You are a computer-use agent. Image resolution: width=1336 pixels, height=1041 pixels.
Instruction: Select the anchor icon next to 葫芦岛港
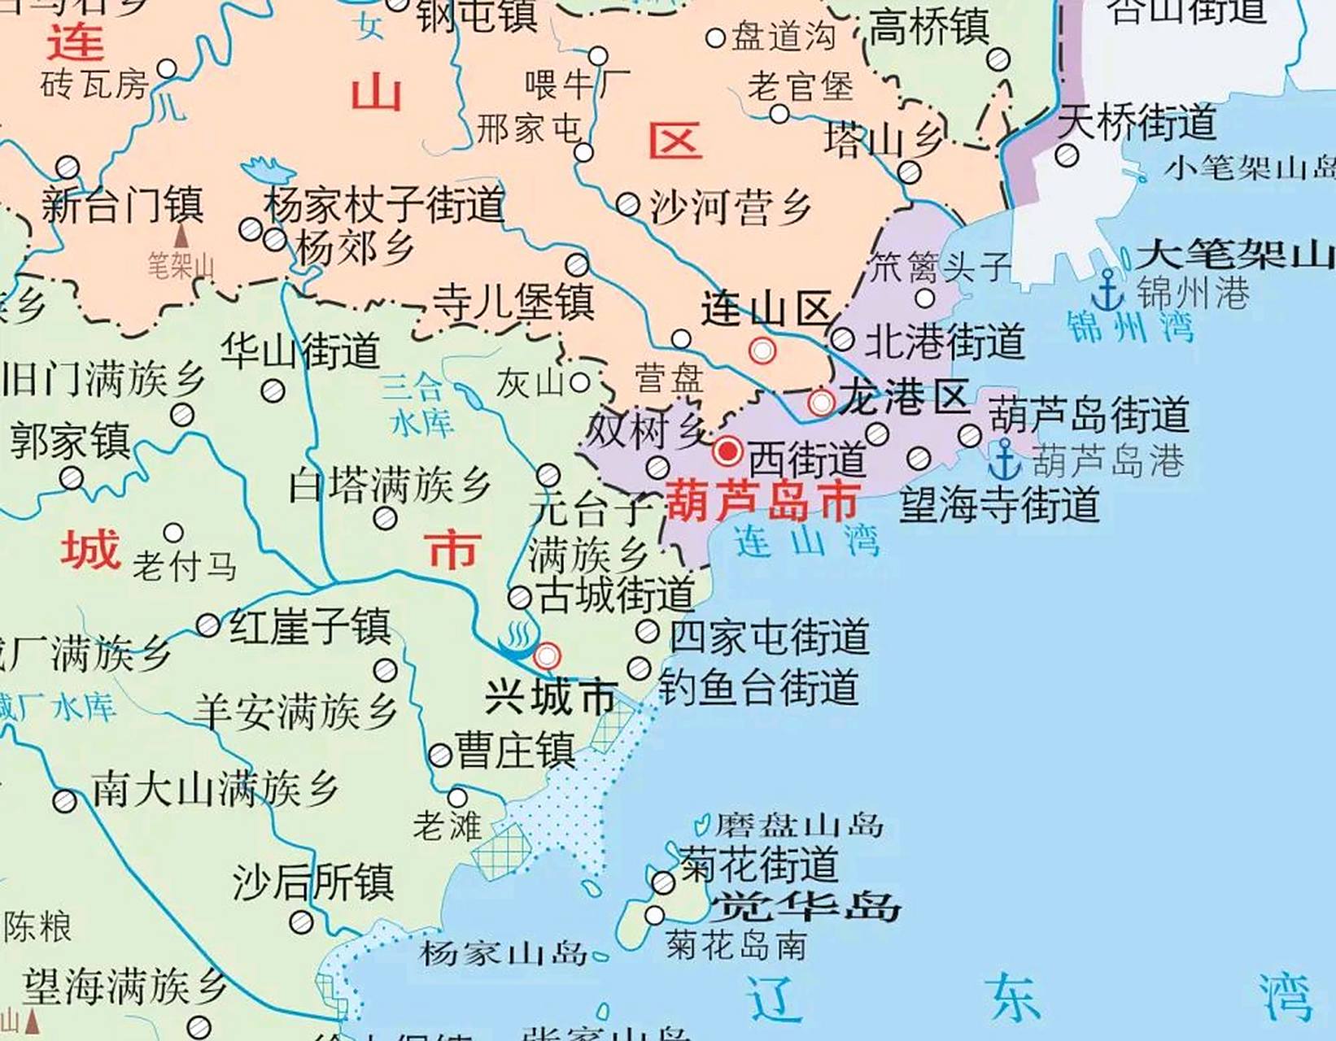click(1005, 460)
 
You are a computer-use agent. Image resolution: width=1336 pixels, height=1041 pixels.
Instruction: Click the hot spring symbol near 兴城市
click(515, 641)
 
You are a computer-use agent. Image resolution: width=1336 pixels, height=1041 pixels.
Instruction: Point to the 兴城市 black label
click(549, 696)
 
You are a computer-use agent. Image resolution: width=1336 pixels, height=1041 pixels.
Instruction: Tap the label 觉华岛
click(806, 905)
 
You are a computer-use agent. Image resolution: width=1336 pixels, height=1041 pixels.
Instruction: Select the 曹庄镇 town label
click(515, 751)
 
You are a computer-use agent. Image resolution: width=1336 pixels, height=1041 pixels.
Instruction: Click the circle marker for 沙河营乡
click(627, 204)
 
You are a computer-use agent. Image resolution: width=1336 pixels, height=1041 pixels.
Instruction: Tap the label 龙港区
click(904, 398)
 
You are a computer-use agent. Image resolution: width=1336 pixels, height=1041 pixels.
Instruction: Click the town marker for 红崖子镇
click(208, 625)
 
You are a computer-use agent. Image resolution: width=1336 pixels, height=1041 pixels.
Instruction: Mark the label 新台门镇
click(122, 205)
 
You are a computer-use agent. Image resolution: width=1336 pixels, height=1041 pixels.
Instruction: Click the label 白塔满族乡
click(391, 486)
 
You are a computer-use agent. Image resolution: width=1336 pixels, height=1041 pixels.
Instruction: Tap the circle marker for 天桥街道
click(1067, 155)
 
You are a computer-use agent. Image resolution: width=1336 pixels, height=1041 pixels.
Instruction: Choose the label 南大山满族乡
click(215, 790)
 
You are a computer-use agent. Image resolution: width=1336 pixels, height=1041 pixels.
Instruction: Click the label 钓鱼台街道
click(758, 687)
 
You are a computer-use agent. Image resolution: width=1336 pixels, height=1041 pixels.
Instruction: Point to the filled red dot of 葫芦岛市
click(727, 450)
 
